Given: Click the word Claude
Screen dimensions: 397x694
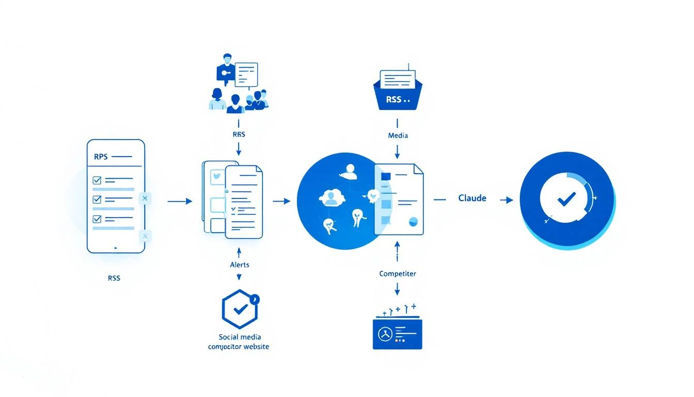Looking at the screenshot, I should point(472,198).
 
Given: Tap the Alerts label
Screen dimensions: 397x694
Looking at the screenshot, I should point(239,265).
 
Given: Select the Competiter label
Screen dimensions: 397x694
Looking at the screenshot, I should point(398,273).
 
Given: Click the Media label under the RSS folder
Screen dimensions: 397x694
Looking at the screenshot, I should point(398,135).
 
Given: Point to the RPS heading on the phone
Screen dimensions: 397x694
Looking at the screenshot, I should point(101,156).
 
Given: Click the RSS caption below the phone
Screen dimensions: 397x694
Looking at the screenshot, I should point(114,278).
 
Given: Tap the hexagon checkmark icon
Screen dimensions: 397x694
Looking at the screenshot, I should point(240,309).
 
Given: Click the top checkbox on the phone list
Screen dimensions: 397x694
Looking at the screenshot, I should point(97,180).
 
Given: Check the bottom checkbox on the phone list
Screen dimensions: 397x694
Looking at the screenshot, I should point(97,219).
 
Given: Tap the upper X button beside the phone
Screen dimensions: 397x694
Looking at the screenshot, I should point(145,198).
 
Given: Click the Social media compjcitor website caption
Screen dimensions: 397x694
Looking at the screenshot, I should point(239,342).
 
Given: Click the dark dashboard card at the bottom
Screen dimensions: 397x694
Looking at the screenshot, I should point(397,334).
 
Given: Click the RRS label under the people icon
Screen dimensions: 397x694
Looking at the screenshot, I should point(239,134).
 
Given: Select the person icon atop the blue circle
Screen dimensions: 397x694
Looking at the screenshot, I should point(351,171).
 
